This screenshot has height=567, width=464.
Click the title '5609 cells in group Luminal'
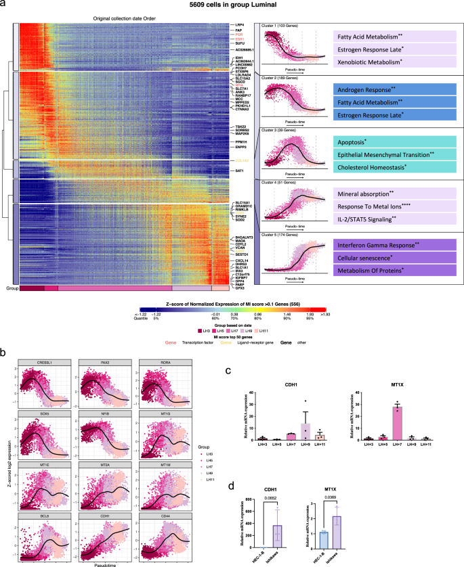click(232, 6)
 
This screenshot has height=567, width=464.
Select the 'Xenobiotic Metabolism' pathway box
click(392, 62)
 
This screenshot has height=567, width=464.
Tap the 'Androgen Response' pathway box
click(392, 89)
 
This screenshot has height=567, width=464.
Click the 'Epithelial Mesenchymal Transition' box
click(392, 155)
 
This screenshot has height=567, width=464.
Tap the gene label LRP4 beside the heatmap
click(239, 25)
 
